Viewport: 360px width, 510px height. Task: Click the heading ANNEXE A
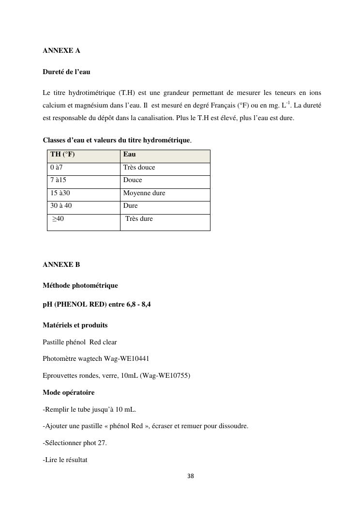click(x=61, y=50)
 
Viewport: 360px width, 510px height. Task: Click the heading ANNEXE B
click(x=61, y=264)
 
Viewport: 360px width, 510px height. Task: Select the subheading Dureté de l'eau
click(x=66, y=72)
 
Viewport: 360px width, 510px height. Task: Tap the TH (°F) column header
click(x=63, y=155)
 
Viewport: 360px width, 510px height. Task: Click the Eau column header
click(x=130, y=155)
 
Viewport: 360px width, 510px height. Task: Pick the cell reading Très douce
click(x=139, y=167)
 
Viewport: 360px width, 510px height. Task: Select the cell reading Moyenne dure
click(x=144, y=193)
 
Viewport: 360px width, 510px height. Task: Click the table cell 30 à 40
click(x=61, y=205)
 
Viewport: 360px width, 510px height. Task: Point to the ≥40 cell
click(x=58, y=219)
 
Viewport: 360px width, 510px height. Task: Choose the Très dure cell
click(x=139, y=219)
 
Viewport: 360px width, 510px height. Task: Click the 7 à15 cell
click(x=59, y=180)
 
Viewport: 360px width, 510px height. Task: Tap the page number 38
click(x=190, y=476)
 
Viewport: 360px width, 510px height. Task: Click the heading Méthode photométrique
click(x=80, y=285)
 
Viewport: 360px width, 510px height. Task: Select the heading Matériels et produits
click(x=75, y=325)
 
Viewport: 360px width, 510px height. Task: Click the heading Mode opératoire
click(x=69, y=392)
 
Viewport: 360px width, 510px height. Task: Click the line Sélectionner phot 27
click(x=75, y=443)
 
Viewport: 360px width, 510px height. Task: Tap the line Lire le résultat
click(x=65, y=460)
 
